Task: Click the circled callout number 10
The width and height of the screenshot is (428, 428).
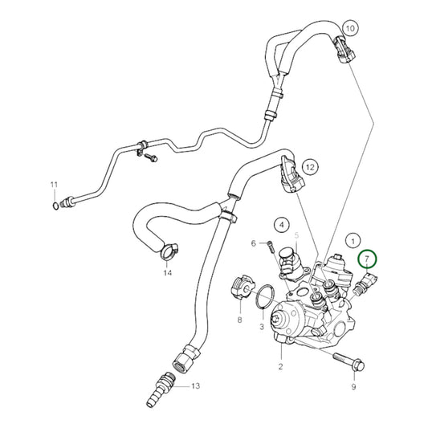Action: [349, 29]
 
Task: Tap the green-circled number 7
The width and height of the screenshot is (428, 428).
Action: [368, 259]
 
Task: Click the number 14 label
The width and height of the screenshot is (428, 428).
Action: [167, 273]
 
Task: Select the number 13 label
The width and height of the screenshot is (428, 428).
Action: [194, 386]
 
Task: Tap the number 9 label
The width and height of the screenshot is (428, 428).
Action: [352, 388]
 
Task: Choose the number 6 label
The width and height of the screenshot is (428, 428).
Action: [254, 243]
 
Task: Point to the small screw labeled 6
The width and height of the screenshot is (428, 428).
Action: [271, 247]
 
